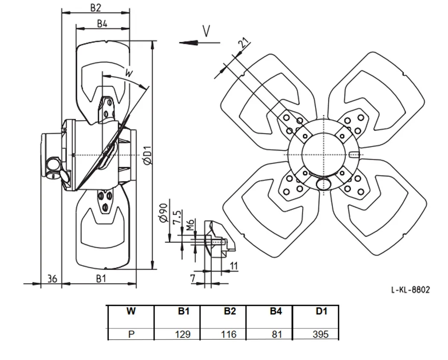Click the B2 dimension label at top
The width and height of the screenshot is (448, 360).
96,8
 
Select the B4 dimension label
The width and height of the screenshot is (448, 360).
102,23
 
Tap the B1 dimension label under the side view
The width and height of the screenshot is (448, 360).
101,278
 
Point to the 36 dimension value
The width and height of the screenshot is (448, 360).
52,278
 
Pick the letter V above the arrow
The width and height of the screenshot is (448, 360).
206,31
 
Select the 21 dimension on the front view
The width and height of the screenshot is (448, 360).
244,43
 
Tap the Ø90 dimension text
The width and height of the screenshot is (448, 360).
164,213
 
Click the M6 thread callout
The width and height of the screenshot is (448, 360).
190,225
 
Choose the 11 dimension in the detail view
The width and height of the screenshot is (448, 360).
234,266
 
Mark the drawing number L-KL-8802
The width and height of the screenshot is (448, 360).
410,290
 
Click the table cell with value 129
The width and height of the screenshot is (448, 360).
182,334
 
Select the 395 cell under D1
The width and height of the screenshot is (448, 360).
321,334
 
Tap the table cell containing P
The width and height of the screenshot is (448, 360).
132,334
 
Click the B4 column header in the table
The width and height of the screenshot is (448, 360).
276,311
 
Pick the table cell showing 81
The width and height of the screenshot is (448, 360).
277,334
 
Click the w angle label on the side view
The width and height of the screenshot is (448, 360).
129,73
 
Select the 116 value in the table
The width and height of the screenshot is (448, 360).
228,334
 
